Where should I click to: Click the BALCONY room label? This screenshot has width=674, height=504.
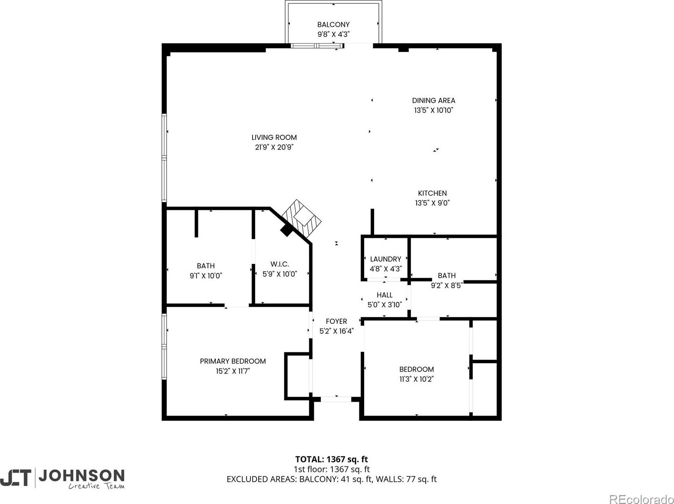(x=333, y=25)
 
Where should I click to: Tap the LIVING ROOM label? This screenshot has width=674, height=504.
(x=274, y=137)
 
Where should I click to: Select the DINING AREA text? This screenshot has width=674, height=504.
(x=433, y=101)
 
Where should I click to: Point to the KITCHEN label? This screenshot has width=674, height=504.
(x=432, y=193)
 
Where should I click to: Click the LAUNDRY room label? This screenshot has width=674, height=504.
(x=385, y=259)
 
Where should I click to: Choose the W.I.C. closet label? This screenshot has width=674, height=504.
(x=279, y=264)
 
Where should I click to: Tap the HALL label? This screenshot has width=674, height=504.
(x=385, y=295)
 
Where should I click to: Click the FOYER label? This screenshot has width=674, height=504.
(x=336, y=321)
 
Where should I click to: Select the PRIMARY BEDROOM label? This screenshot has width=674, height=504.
(x=233, y=361)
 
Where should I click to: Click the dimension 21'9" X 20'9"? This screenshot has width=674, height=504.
(x=274, y=147)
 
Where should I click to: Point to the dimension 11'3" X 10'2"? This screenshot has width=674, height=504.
(x=416, y=379)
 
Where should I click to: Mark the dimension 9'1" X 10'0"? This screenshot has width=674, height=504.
(x=205, y=276)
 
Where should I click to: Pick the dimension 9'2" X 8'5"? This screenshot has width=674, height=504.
(x=447, y=286)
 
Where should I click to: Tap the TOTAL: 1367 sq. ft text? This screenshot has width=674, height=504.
(x=331, y=459)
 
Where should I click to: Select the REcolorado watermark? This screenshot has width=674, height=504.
(x=641, y=499)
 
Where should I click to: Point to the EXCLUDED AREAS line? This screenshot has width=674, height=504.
(x=331, y=479)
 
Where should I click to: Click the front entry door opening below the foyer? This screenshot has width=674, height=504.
(x=336, y=399)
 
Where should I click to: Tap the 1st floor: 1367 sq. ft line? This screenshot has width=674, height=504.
(x=331, y=469)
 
